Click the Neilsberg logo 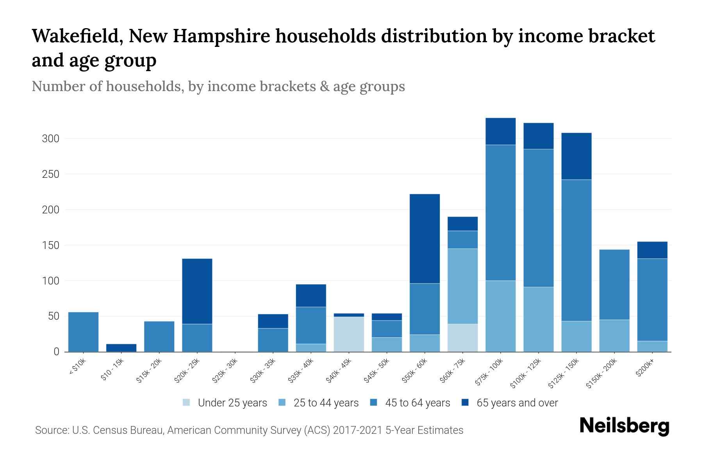click(624, 426)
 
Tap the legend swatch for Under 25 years click(187, 403)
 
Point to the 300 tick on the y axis click(50, 139)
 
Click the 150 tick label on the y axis click(50, 245)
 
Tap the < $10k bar click(83, 332)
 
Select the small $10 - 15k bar click(121, 347)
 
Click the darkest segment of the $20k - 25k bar click(197, 291)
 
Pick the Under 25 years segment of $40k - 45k click(349, 334)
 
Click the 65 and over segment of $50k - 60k click(425, 238)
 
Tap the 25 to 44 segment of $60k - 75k click(462, 286)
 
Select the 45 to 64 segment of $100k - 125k click(538, 218)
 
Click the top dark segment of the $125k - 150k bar click(576, 156)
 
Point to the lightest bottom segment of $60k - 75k click(462, 338)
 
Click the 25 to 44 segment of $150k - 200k click(614, 336)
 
